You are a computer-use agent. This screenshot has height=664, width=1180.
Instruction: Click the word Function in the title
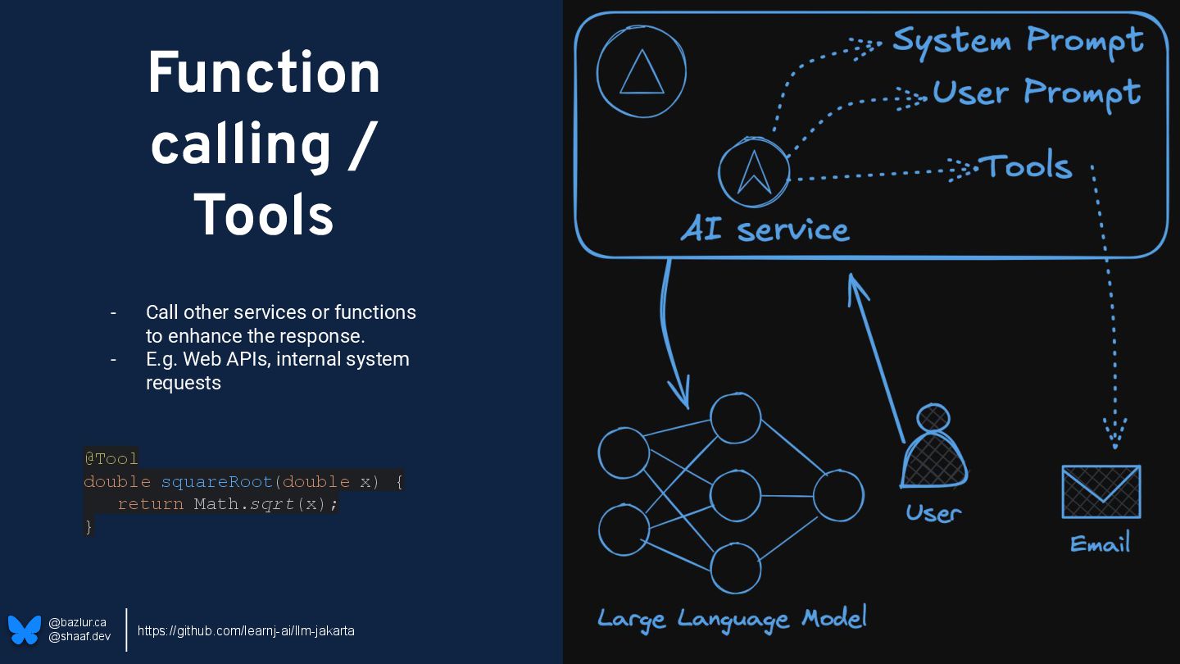(264, 74)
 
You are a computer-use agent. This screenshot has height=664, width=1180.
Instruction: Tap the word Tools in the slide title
(264, 216)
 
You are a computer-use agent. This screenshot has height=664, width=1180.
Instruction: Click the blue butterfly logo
(25, 630)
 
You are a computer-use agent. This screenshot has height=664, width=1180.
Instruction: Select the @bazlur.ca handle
(77, 622)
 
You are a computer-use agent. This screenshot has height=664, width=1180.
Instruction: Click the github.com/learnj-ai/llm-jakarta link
(246, 630)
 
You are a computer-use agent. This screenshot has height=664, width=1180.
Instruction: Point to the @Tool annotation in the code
(111, 457)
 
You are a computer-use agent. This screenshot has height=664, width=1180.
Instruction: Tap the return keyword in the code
(150, 503)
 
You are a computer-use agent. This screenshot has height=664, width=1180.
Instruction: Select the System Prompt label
(1018, 40)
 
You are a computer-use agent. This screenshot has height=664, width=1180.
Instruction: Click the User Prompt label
(1036, 93)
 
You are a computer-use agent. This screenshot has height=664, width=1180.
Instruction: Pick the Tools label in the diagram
(1028, 166)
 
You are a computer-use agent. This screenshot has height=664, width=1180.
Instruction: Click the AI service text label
(765, 230)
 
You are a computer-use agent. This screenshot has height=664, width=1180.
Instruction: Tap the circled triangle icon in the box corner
(641, 72)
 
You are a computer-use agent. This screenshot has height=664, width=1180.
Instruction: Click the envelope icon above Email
(1101, 491)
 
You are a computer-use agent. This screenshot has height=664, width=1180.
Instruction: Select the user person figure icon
(933, 449)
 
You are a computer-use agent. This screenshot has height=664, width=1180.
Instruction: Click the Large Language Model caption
(732, 619)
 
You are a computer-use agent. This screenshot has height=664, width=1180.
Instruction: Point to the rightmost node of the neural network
(837, 496)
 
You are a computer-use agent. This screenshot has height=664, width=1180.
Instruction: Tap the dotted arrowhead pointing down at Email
(1114, 433)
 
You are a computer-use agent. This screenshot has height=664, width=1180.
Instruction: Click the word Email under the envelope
(1100, 543)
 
